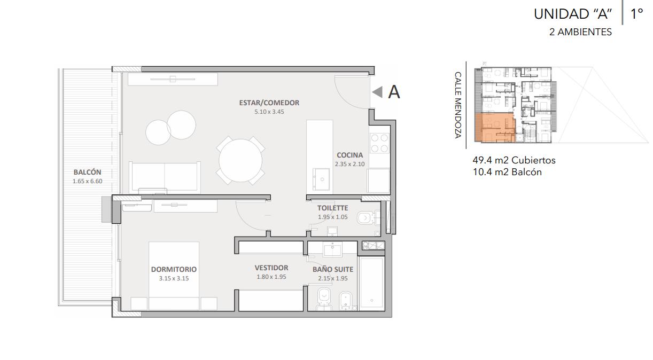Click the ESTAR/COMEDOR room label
coord(269,103)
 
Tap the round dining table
coord(240,161)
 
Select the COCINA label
coord(350,155)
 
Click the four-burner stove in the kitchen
coord(379,143)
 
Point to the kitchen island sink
coord(321,178)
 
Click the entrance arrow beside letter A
coord(377,92)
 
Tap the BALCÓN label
coord(87,172)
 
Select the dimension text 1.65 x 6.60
coord(88,181)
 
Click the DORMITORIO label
coord(174,269)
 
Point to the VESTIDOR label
coord(271,268)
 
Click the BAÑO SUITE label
coord(333,269)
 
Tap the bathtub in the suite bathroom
coord(371,284)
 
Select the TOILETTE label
coord(332,208)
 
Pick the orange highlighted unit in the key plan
coord(494,128)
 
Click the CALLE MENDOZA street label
coord(458,105)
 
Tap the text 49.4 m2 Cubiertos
coord(514,160)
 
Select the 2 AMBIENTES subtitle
coord(580,32)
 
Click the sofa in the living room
coord(165,177)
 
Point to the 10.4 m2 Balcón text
coord(507,172)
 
